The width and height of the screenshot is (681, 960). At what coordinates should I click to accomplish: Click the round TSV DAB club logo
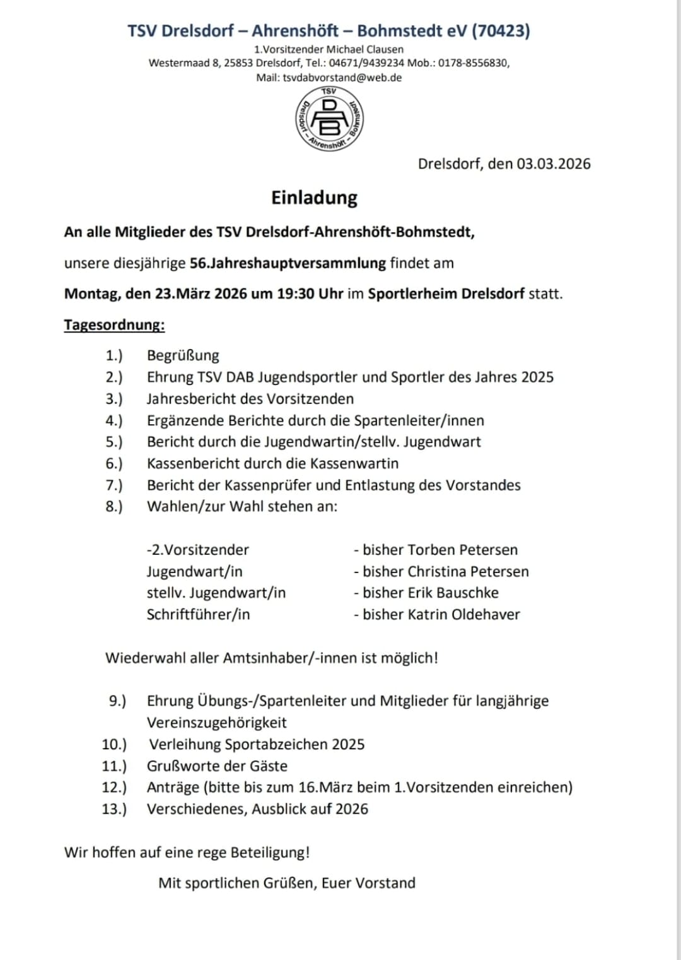click(329, 119)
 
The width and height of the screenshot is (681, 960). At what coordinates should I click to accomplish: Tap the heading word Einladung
click(314, 198)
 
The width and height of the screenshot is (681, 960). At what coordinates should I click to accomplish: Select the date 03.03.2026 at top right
click(554, 164)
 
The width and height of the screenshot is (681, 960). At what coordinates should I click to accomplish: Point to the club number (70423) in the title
click(501, 30)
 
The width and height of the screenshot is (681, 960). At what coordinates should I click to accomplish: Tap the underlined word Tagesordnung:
click(114, 325)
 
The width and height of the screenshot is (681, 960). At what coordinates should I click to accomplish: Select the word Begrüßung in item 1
click(183, 355)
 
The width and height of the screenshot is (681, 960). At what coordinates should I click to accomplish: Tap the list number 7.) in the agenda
click(114, 485)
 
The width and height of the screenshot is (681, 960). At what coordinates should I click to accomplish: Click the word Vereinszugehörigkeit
click(216, 723)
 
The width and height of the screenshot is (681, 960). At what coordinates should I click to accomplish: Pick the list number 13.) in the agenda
click(114, 809)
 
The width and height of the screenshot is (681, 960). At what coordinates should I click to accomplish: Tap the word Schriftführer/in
click(198, 614)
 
